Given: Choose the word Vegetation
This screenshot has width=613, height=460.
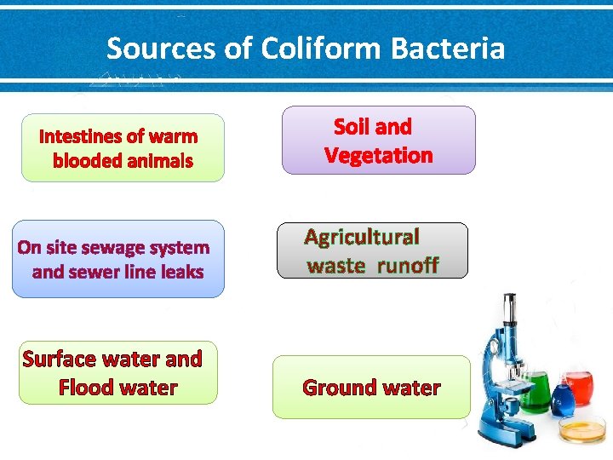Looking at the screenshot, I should coord(378,156).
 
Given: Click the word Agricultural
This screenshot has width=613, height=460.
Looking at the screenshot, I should coord(363,237).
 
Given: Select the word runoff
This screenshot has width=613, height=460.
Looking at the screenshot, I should coord(407,266).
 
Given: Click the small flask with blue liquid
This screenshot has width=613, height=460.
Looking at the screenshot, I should coord(561,397).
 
